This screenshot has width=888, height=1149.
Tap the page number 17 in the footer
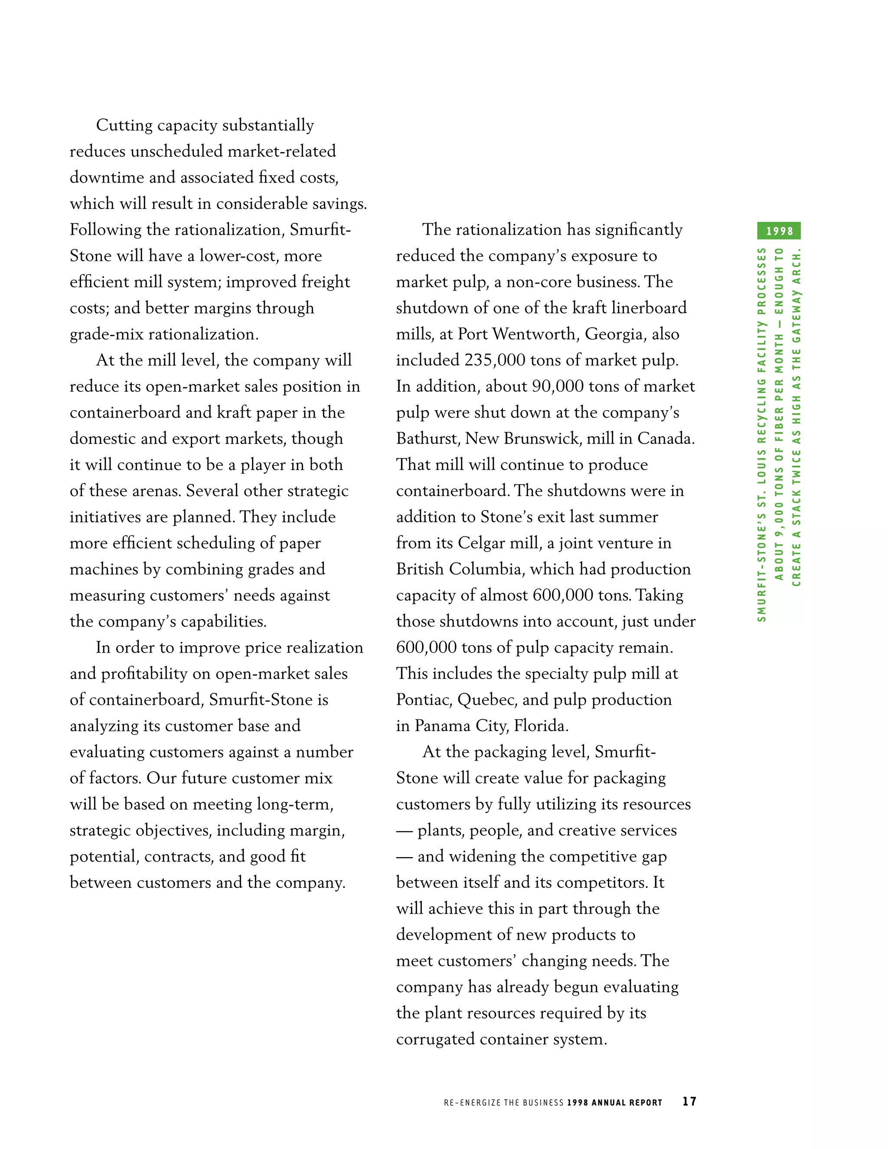(689, 1101)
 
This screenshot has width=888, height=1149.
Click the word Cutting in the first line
(124, 126)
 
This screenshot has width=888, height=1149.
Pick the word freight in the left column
(324, 282)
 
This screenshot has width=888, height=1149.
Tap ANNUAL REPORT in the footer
(627, 1102)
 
